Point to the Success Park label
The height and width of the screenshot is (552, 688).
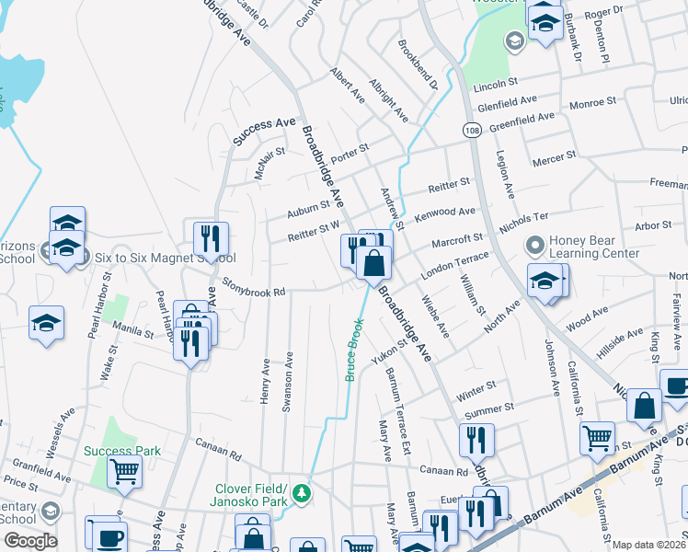point(122,451)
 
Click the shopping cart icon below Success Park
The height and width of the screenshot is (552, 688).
point(125,471)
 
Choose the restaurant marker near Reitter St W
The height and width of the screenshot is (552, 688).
point(212,239)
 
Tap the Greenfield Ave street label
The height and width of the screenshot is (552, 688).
point(522,119)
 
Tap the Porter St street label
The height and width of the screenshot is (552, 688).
point(350,153)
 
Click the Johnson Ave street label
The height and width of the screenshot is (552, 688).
point(552,368)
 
